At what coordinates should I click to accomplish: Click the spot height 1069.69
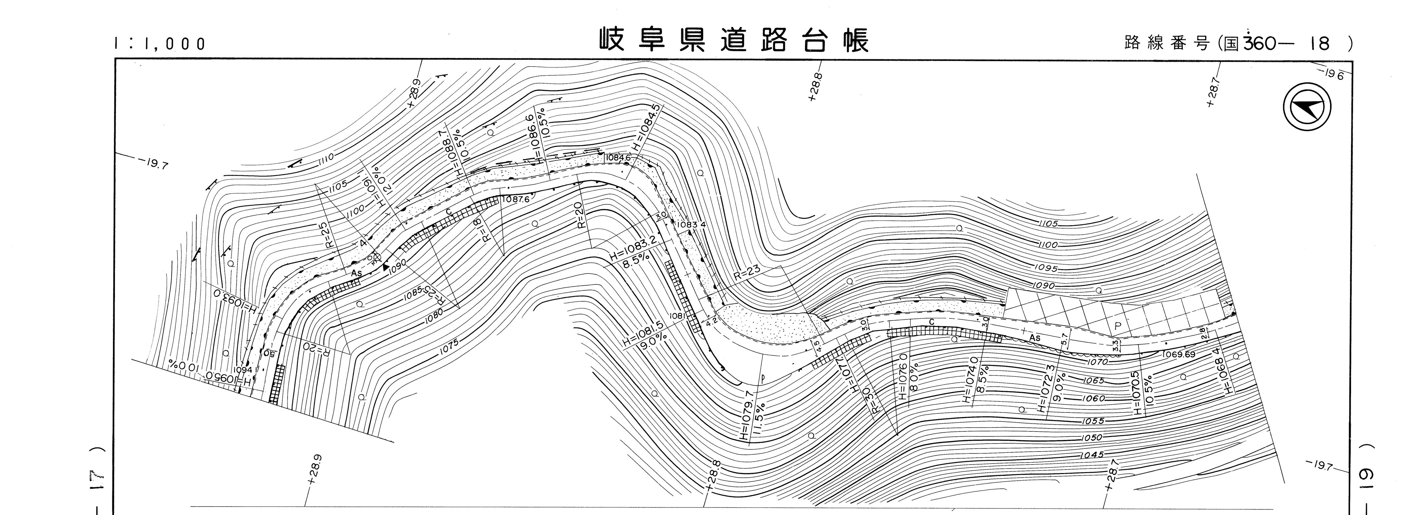coord(1179,354)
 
